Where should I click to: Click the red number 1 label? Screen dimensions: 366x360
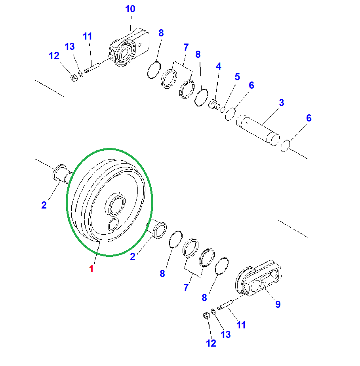click(x=91, y=269)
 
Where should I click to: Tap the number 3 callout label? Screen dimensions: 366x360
click(x=281, y=103)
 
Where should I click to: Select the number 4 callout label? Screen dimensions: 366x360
click(x=218, y=66)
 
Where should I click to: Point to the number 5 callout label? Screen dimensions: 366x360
click(x=237, y=77)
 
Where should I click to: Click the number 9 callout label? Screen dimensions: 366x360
click(x=278, y=304)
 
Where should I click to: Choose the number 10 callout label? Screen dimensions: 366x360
click(x=130, y=9)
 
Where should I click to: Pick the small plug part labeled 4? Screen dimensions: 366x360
click(x=214, y=105)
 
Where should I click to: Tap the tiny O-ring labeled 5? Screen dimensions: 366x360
click(x=223, y=110)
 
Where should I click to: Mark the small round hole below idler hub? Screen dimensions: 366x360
click(x=113, y=224)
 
